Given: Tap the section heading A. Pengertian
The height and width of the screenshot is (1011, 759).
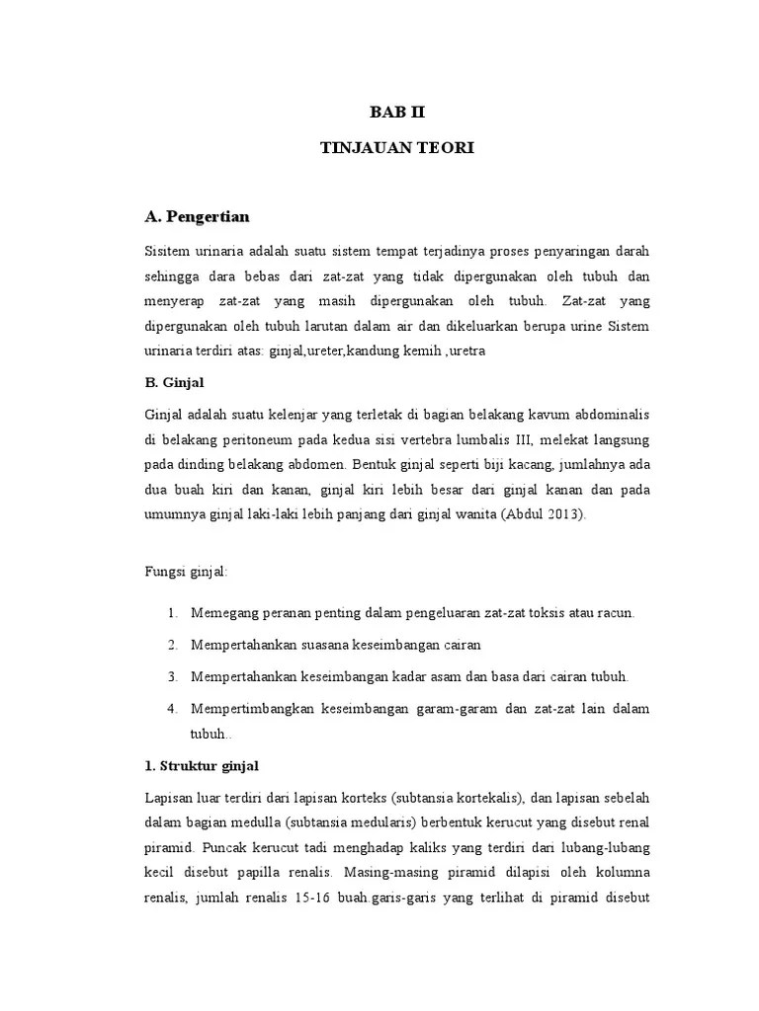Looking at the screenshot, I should click(x=197, y=216).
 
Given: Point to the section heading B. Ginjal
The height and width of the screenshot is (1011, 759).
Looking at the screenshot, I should click(x=176, y=379).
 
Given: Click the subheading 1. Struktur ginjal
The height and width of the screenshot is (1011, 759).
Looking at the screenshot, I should click(x=202, y=765).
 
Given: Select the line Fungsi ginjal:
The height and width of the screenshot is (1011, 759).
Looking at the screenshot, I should click(x=186, y=571).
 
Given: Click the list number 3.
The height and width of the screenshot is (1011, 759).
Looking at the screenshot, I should click(x=171, y=676).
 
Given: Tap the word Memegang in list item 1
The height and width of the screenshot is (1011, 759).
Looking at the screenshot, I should click(x=223, y=613).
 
